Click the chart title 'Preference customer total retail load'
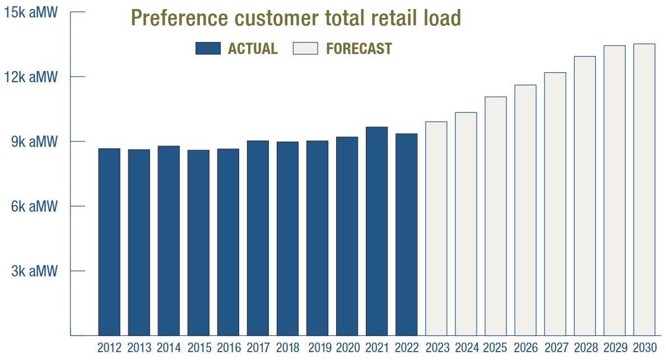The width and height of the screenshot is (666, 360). [296, 17]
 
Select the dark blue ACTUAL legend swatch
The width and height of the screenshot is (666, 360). [208, 48]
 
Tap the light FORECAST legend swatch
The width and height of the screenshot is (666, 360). [305, 48]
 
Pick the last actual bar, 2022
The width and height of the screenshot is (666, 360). [407, 235]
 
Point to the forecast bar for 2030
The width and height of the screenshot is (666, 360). [644, 190]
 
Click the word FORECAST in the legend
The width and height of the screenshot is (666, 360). [358, 49]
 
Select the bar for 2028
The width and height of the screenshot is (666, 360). [585, 196]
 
